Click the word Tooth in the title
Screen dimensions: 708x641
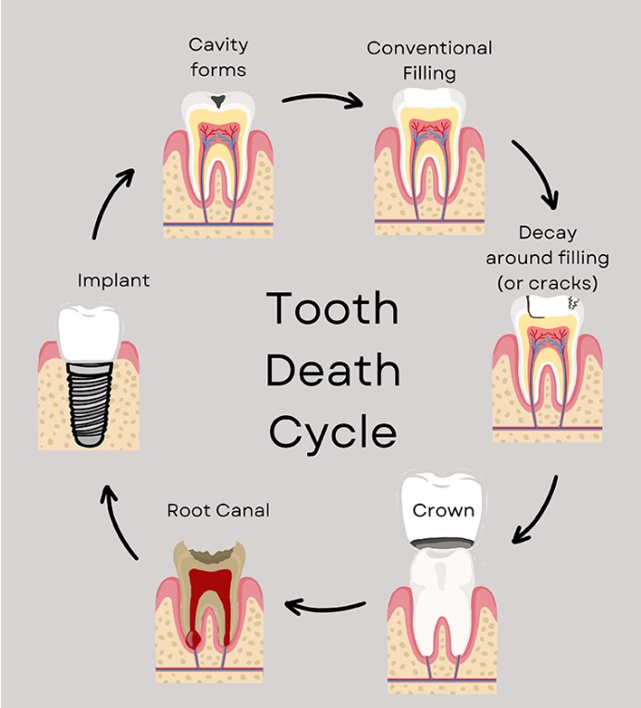332,308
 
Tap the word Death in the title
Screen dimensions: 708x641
332,370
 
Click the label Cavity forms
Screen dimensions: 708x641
218,55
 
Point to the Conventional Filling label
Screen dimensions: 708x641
429,59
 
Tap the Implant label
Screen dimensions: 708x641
114,279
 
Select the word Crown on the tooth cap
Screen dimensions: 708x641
443,510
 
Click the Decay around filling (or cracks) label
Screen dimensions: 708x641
548,256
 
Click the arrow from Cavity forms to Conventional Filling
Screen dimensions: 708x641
322,99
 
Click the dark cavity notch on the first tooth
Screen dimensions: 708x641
217,100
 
